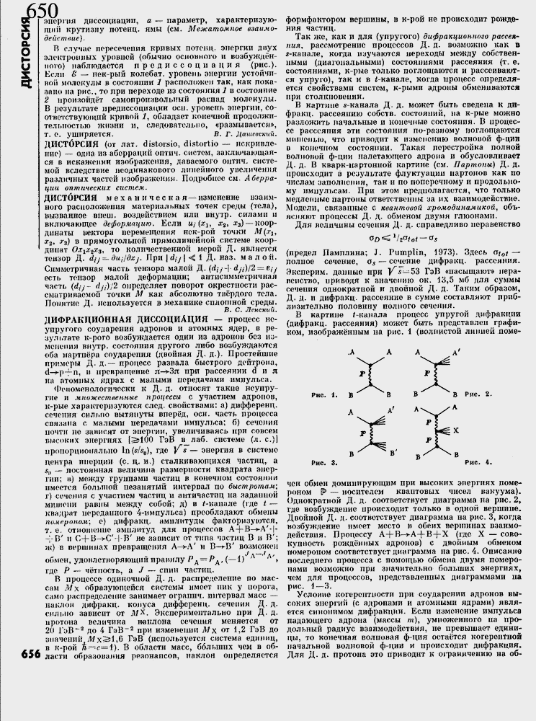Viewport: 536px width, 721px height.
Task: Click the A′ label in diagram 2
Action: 464,353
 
